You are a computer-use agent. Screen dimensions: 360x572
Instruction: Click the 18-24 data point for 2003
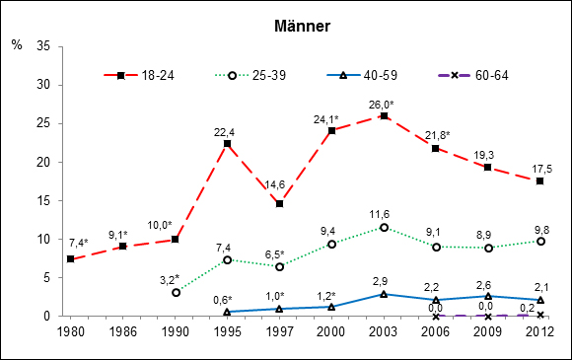384,116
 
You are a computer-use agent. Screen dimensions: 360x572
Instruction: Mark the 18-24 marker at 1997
280,204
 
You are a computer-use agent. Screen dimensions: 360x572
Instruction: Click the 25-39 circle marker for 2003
384,228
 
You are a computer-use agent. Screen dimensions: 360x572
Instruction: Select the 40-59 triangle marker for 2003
384,294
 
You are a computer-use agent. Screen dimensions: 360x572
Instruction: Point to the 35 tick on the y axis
43,46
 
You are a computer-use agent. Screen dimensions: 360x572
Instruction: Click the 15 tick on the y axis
43,201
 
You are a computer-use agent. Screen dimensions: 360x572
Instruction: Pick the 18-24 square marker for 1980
71,259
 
